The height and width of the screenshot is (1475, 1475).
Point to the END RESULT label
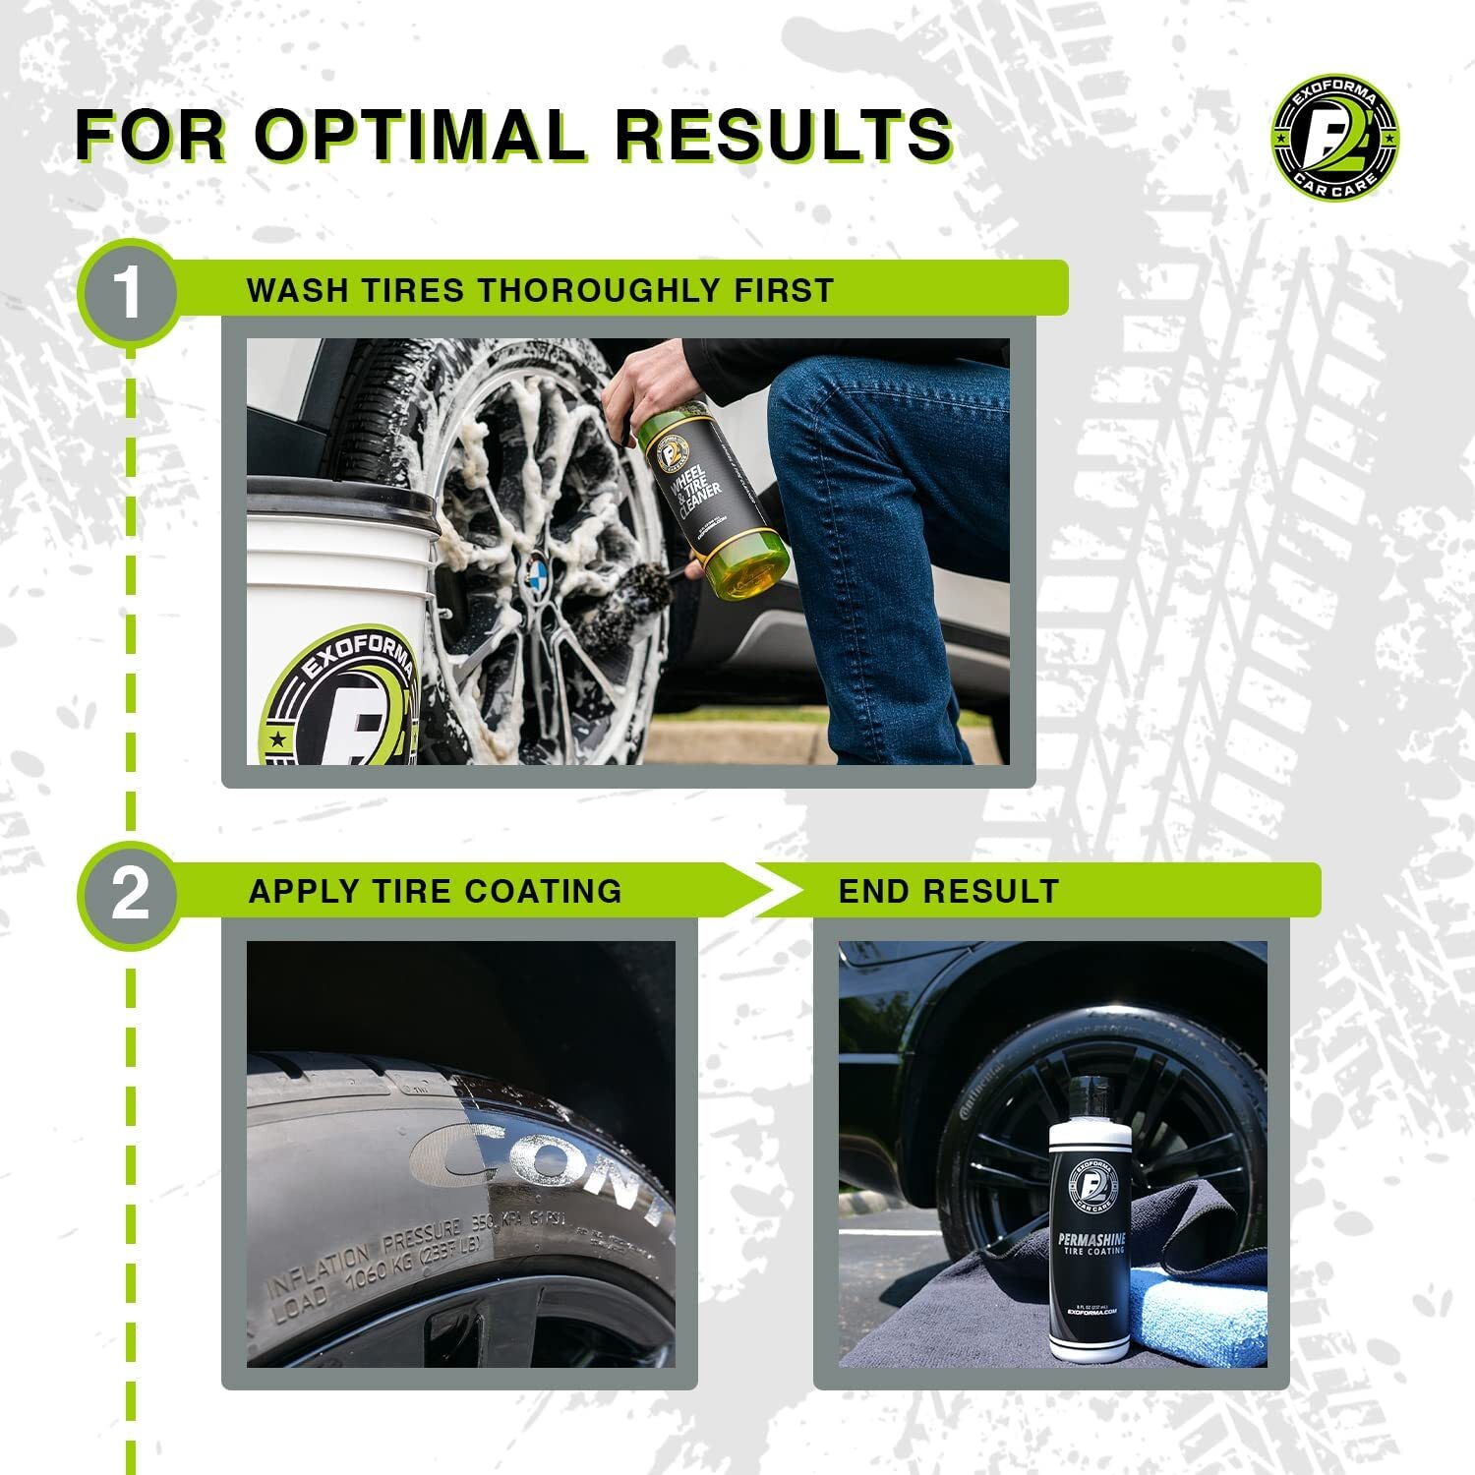(x=948, y=891)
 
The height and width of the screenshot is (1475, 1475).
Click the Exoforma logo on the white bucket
(x=339, y=708)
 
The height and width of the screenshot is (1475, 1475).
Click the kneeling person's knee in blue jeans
(x=816, y=393)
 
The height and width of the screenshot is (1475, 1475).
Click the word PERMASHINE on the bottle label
(x=1090, y=1242)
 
